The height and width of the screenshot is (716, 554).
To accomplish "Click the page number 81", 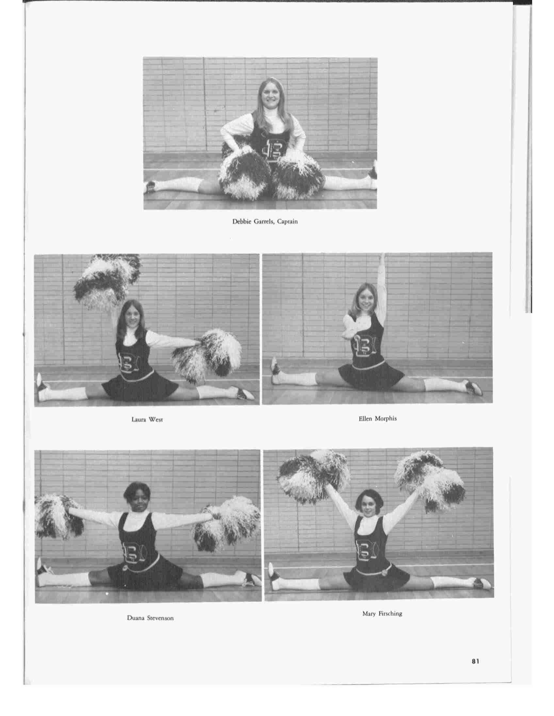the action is coord(475,661).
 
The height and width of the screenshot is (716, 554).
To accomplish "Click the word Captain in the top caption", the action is coord(287,221).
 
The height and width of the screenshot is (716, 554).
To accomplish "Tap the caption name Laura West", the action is coord(147,419).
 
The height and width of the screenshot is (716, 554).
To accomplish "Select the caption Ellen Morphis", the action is coord(378,419).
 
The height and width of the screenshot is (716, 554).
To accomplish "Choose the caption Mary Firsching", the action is coord(382,614).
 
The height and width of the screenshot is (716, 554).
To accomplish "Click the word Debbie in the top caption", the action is coord(242,221).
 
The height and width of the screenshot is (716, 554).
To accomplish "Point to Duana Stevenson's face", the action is coord(137,503).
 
